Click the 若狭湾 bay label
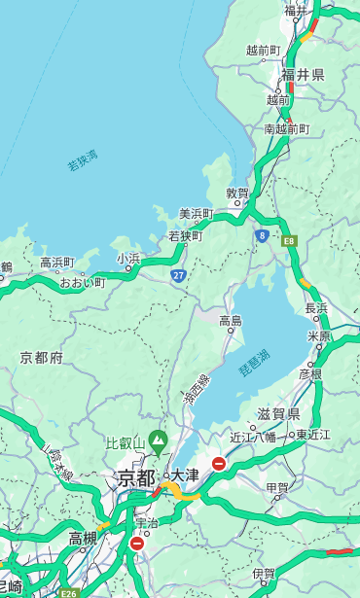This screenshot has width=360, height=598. pos(83,160)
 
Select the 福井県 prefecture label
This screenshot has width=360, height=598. pos(303,75)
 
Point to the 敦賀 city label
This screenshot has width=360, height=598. pos(237,194)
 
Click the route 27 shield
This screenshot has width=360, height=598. pos(179,276)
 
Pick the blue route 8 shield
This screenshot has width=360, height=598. pos(262,235)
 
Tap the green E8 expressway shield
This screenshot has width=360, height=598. pos(289,240)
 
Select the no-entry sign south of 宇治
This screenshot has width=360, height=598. pos(136,544)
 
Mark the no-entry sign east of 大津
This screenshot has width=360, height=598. pos(219,464)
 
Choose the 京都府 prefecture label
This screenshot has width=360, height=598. pos(41,358)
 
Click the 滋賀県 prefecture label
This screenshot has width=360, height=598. pos(278,414)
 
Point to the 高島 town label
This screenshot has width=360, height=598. pos(231,321)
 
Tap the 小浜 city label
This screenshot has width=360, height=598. pos(128,259)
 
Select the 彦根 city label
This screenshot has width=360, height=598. pos(310,373)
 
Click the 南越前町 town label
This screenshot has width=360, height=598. pos(286,129)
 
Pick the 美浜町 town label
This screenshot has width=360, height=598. pos(197,214)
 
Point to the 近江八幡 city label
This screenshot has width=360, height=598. pos(253,437)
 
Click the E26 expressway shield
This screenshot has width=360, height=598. pos(67,592)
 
